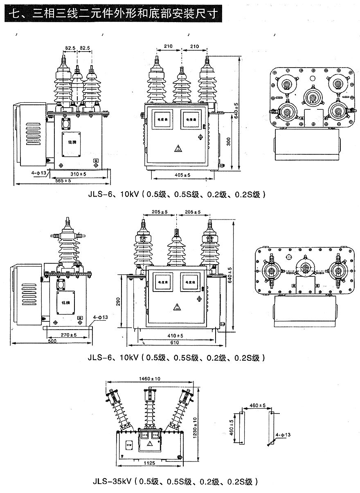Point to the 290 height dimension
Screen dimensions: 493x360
[119, 302]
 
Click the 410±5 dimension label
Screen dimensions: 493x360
[175, 336]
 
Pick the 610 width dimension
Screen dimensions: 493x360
[174, 342]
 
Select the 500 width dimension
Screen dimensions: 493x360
[52, 341]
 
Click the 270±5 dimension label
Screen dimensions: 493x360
[69, 335]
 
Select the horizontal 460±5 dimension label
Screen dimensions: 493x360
[256, 405]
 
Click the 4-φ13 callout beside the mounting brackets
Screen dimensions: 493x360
[283, 434]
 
